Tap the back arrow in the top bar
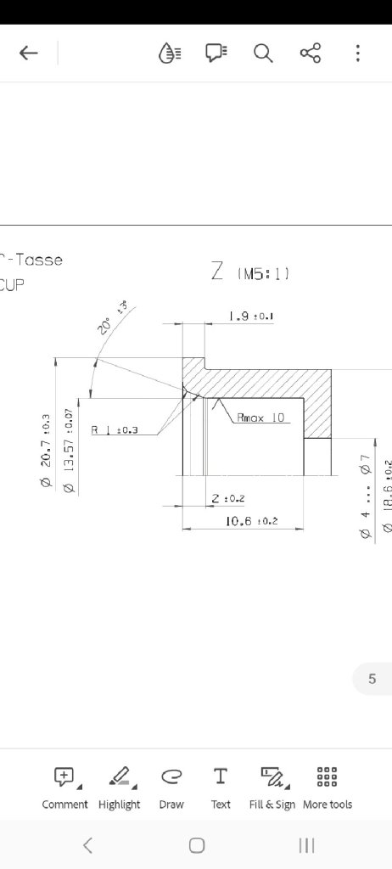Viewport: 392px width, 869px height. click(29, 53)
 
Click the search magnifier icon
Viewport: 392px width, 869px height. click(263, 53)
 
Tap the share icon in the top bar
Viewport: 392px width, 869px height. click(311, 53)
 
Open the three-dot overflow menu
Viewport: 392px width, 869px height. click(358, 53)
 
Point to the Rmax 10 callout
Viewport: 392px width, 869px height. click(260, 418)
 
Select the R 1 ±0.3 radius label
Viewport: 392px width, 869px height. click(115, 429)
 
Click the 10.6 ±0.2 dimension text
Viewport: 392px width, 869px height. click(252, 520)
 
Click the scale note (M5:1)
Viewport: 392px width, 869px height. click(264, 273)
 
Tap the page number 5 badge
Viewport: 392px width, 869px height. click(372, 679)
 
